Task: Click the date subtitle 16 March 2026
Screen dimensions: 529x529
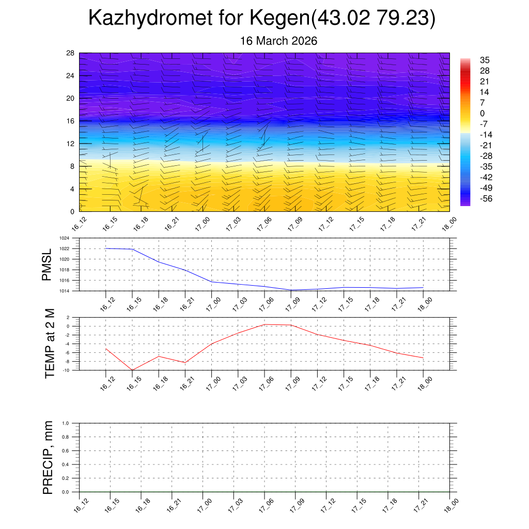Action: click(x=279, y=41)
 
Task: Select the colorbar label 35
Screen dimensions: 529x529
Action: click(x=485, y=60)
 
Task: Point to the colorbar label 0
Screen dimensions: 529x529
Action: click(x=483, y=113)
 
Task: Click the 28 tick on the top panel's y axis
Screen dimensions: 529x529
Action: click(x=71, y=53)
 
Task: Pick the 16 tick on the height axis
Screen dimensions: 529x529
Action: click(x=71, y=121)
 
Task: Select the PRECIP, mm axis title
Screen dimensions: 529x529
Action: click(x=48, y=457)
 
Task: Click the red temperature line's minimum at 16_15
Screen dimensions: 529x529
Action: click(x=132, y=370)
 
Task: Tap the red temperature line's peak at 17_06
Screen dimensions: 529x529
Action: click(x=264, y=324)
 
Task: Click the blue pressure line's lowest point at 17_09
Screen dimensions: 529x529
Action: click(x=290, y=290)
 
